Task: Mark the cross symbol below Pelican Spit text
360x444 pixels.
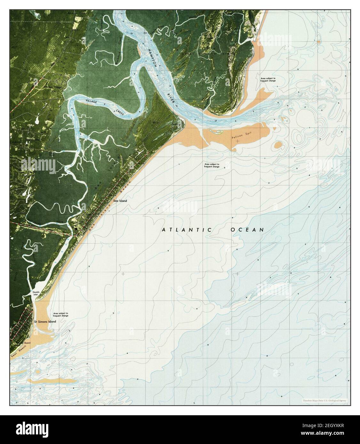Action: point(237,141)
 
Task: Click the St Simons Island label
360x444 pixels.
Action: point(45,321)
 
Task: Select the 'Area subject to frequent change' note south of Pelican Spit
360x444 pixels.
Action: point(212,165)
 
